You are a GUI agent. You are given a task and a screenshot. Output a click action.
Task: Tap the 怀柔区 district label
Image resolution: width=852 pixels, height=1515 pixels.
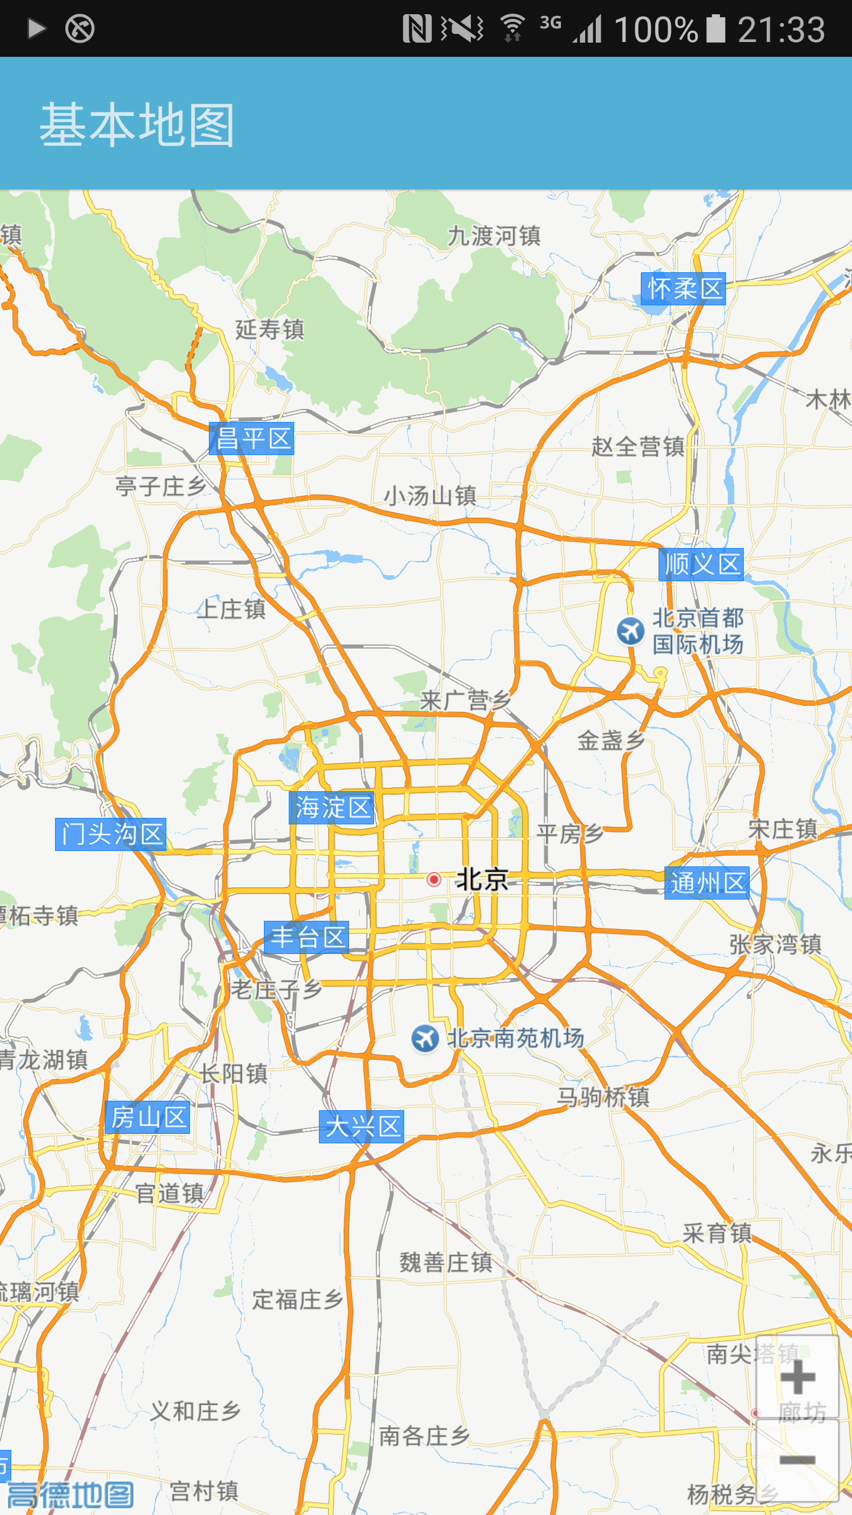click(683, 289)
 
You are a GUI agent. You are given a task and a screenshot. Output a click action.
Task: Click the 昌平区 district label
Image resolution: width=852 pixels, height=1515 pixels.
click(251, 439)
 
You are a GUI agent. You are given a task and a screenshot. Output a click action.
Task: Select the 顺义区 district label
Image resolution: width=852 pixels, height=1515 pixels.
click(701, 564)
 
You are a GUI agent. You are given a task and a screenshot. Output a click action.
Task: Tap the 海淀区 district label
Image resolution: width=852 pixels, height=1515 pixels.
click(332, 808)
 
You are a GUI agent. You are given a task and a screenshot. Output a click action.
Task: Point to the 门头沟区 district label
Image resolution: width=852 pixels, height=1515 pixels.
click(111, 834)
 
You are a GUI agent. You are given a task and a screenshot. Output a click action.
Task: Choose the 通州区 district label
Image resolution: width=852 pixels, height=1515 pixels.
click(707, 883)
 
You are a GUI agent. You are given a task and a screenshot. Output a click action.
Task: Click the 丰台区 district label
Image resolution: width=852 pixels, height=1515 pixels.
click(306, 937)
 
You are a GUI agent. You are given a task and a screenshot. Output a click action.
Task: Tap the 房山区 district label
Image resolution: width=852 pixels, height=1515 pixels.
click(148, 1117)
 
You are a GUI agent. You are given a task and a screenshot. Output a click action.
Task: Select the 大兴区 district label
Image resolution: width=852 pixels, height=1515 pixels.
click(362, 1126)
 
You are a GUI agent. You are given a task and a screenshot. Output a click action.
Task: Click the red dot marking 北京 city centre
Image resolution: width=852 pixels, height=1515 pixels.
click(434, 879)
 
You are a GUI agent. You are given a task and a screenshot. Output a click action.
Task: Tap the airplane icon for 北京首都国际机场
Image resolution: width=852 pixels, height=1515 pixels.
click(631, 631)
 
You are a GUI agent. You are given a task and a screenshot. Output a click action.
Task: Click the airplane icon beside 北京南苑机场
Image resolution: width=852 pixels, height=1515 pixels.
click(425, 1039)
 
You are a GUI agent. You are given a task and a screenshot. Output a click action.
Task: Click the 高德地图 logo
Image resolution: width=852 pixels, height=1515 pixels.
click(70, 1495)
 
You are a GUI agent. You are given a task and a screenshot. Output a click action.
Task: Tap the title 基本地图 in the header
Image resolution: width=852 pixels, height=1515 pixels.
click(137, 124)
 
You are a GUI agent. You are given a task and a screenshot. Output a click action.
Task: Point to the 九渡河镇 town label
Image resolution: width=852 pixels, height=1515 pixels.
click(494, 236)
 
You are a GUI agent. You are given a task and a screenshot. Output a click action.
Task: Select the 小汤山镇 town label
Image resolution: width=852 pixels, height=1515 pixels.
click(430, 496)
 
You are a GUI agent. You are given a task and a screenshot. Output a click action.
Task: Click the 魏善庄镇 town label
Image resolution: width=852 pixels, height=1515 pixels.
click(446, 1262)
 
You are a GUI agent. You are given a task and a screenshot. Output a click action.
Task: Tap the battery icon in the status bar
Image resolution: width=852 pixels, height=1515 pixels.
click(715, 28)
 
